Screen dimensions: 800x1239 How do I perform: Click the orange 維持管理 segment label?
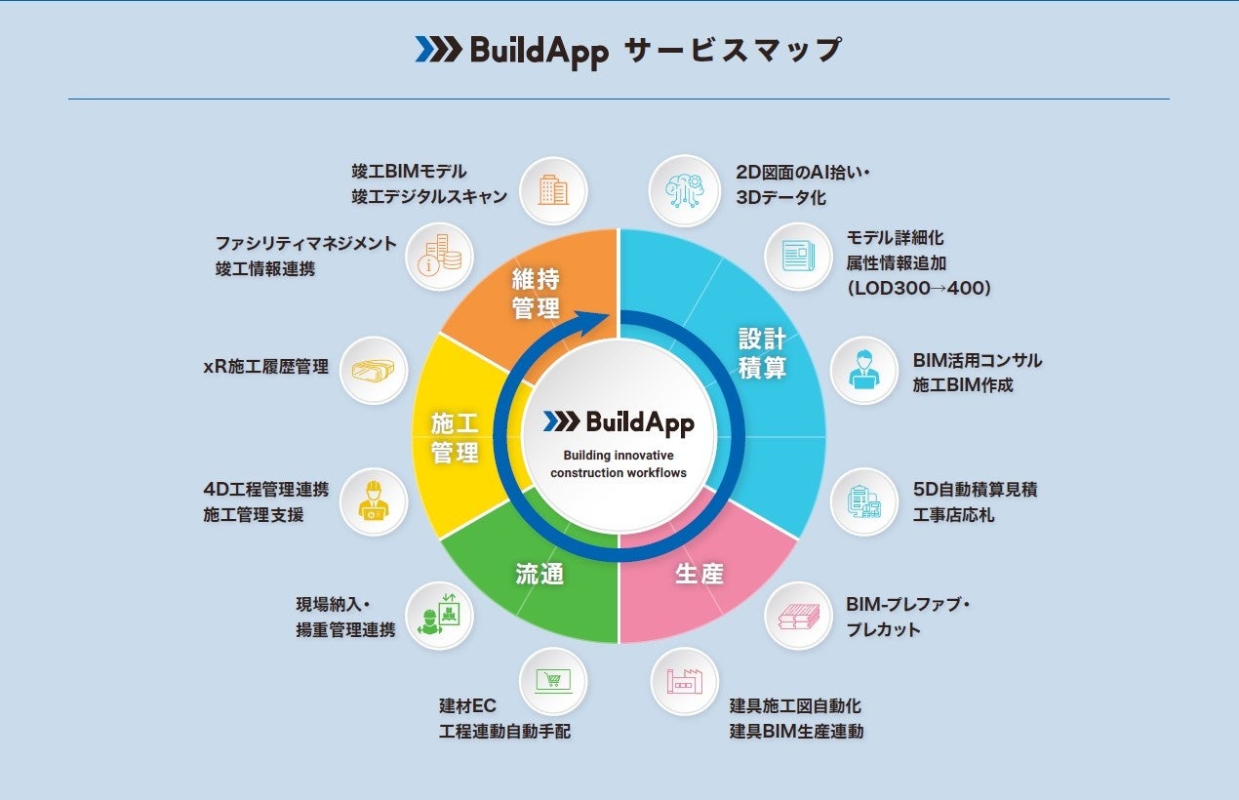536,294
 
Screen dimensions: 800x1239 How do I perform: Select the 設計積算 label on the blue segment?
762,353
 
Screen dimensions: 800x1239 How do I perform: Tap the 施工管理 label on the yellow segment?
456,438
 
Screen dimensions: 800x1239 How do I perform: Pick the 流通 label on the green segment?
540,574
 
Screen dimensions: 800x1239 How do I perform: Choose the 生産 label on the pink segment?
699,574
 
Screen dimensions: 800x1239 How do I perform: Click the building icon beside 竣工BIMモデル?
553,189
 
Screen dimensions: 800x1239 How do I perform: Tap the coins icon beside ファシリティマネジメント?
439,256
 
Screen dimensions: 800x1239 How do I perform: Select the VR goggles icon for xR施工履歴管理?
373,370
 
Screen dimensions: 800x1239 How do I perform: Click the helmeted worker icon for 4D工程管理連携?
373,501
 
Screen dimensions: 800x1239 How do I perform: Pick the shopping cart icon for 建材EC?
553,681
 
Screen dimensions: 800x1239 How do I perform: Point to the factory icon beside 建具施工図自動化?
684,681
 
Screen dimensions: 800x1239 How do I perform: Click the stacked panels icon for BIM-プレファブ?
798,616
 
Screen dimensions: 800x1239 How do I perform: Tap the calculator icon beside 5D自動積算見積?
863,501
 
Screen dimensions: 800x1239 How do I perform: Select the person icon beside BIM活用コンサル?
863,370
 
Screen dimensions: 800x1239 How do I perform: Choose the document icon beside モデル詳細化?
798,256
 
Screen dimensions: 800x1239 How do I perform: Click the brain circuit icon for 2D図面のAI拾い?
684,189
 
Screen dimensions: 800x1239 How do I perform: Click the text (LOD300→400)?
919,288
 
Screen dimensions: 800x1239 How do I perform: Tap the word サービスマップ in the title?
732,49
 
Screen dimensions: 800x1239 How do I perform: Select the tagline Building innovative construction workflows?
619,464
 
